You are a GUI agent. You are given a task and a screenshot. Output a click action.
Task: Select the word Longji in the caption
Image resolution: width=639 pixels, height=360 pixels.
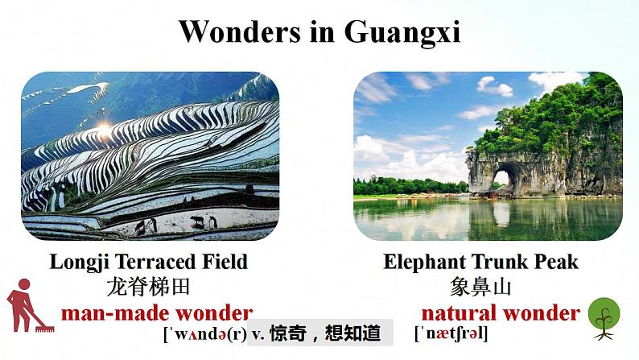point(78,262)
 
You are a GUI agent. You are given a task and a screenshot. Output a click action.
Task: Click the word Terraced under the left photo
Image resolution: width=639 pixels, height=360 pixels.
point(153,262)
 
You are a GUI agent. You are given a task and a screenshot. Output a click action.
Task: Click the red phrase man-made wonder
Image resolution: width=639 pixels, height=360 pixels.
point(156,313)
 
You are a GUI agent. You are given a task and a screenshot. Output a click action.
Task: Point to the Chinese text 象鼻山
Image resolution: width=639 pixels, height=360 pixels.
point(481,287)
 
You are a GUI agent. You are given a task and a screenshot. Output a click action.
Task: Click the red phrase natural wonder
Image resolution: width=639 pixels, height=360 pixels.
point(500,313)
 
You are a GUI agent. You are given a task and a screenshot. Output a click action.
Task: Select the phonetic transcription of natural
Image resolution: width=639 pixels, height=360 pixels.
point(451,333)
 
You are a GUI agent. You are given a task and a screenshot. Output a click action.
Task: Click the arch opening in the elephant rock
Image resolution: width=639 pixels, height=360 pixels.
point(506,176)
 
